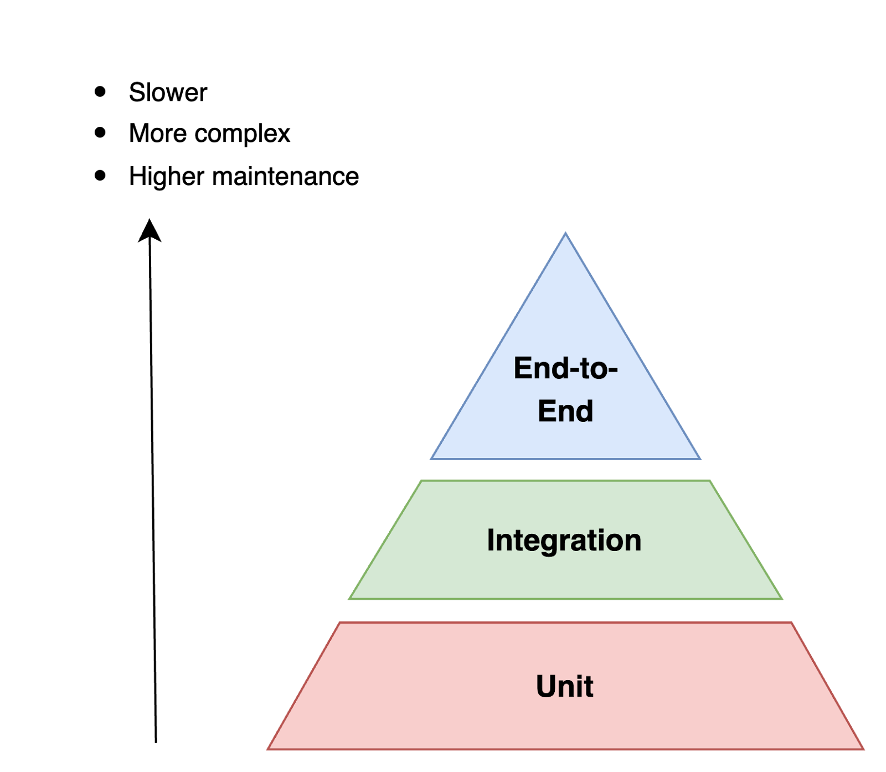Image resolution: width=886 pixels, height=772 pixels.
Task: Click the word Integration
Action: point(564,540)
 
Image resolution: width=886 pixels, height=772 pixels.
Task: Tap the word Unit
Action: point(564,687)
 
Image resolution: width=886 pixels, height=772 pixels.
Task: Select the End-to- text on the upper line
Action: point(565,368)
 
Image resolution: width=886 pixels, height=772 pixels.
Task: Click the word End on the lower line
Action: point(565,411)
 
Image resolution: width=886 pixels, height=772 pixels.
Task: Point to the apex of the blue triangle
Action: point(565,233)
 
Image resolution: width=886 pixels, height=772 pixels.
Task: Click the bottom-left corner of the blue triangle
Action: point(431,459)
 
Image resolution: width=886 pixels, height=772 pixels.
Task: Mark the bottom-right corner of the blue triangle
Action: point(700,459)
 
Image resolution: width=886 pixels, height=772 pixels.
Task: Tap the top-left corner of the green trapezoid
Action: point(421,481)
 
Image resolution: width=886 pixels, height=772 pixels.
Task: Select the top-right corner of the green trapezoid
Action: point(710,481)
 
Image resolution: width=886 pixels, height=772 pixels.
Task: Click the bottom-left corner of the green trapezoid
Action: point(349,599)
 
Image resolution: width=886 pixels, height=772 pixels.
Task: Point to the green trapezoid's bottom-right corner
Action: point(782,599)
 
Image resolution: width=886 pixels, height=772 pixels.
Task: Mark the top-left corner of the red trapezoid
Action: point(339,623)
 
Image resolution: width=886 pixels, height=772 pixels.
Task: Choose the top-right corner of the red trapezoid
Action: point(792,623)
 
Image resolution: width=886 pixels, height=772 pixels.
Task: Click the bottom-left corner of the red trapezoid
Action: point(267,749)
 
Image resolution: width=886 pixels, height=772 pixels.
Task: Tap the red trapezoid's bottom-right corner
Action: point(864,749)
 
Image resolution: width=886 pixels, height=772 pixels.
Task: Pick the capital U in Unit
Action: point(546,687)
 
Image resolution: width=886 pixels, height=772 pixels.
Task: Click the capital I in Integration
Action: point(491,540)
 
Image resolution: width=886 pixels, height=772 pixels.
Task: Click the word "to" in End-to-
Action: point(593,369)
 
